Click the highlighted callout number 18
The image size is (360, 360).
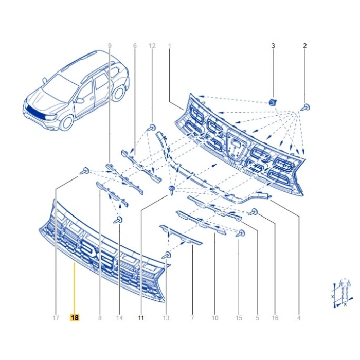pyautogui.click(x=75, y=318)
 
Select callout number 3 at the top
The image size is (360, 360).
pyautogui.click(x=273, y=46)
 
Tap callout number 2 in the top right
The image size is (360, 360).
pyautogui.click(x=304, y=46)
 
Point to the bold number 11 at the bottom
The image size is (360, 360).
pyautogui.click(x=141, y=318)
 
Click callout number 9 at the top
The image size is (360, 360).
pyautogui.click(x=110, y=46)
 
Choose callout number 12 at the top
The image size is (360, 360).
pyautogui.click(x=152, y=46)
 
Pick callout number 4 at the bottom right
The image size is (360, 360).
pyautogui.click(x=299, y=318)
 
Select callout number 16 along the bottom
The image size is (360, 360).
pyautogui.click(x=275, y=318)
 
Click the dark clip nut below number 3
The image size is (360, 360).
pyautogui.click(x=273, y=102)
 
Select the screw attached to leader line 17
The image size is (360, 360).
pyautogui.click(x=85, y=171)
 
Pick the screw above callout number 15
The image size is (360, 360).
pyautogui.click(x=241, y=233)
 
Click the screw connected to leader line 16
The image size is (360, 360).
pyautogui.click(x=254, y=212)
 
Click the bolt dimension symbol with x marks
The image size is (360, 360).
pyautogui.click(x=341, y=293)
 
